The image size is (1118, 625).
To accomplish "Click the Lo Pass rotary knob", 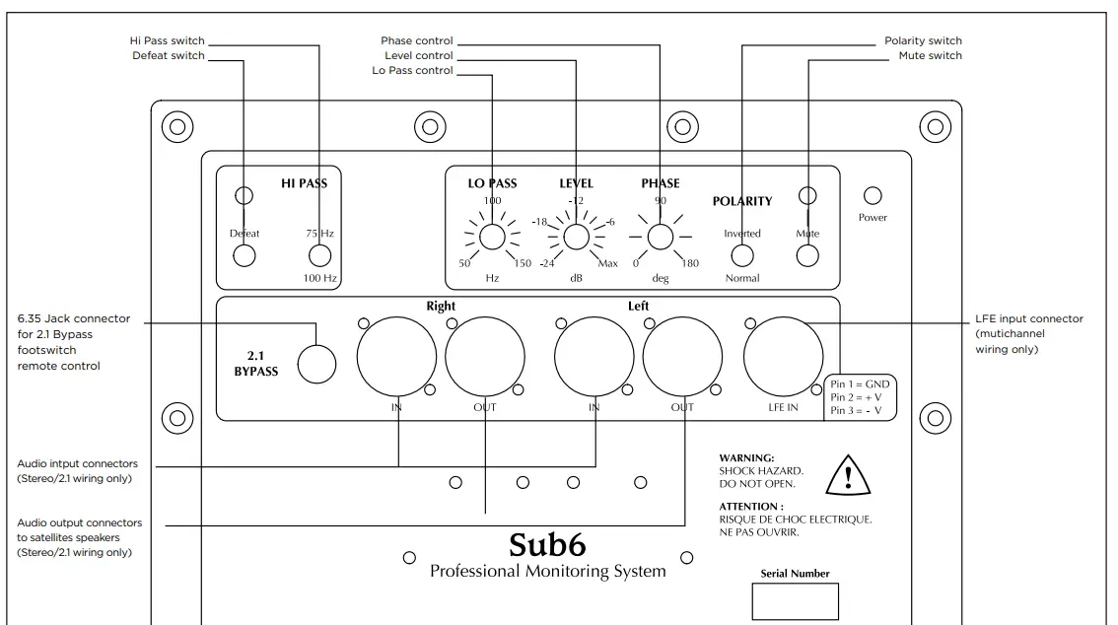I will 492,237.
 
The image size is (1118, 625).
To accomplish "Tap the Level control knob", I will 576,237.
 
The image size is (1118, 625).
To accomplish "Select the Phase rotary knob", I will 660,237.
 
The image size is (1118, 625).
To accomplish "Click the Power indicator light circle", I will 873,196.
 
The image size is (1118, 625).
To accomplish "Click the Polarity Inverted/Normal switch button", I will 741,256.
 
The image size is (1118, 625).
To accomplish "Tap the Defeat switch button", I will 244,256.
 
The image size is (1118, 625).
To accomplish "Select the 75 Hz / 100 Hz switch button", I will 319,256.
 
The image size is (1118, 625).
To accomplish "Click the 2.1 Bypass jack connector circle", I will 317,364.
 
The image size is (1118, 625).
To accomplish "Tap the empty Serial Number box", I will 795,601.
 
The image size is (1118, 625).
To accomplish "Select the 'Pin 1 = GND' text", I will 861,384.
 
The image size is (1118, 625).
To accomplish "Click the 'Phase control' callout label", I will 417,41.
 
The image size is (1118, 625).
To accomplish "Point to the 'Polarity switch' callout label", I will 923,41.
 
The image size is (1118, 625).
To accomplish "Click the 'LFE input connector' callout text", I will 1028,318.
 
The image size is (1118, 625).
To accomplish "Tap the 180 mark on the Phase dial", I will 689,263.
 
